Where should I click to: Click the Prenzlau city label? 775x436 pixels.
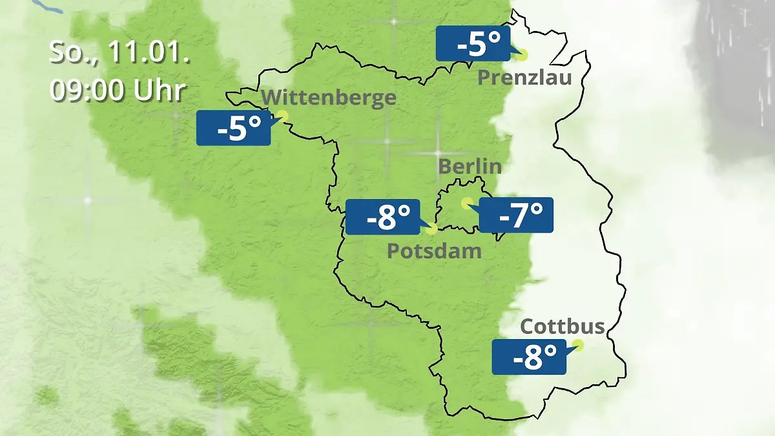coord(524,78)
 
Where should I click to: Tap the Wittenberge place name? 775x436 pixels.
coord(329,98)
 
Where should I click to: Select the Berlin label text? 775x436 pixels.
coord(470,166)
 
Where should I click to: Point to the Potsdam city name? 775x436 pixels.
coord(434,251)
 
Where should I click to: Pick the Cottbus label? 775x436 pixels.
coord(563,326)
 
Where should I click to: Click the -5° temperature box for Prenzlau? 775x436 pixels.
coord(473,44)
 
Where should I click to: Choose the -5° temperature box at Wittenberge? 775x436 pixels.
coord(233,128)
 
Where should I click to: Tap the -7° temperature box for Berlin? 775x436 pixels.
coord(516,215)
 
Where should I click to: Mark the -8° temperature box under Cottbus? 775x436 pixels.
coord(529,357)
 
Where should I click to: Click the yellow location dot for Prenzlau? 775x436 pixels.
coord(521,55)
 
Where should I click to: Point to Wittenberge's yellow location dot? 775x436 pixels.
coord(282,116)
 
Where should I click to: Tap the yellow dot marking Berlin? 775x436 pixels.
coord(466,203)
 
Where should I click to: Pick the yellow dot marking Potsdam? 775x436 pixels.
coord(431,229)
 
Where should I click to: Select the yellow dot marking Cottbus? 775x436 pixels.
coord(577,345)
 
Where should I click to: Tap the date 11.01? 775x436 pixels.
coord(148,53)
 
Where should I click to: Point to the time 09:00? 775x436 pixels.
coord(89,91)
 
